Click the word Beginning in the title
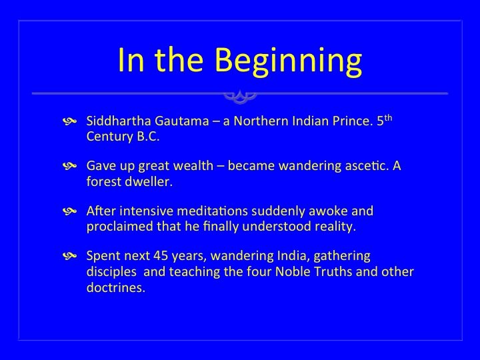pyautogui.click(x=289, y=61)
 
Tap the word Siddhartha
pyautogui.click(x=119, y=121)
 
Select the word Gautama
pyautogui.click(x=182, y=121)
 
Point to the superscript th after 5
pyautogui.click(x=388, y=118)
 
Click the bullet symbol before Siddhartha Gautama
pyautogui.click(x=69, y=121)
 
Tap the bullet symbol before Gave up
pyautogui.click(x=69, y=166)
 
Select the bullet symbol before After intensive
pyautogui.click(x=69, y=211)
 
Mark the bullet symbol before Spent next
pyautogui.click(x=69, y=256)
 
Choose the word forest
pyautogui.click(x=104, y=181)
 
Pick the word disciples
pyautogui.click(x=111, y=272)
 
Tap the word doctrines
pyautogui.click(x=116, y=287)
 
